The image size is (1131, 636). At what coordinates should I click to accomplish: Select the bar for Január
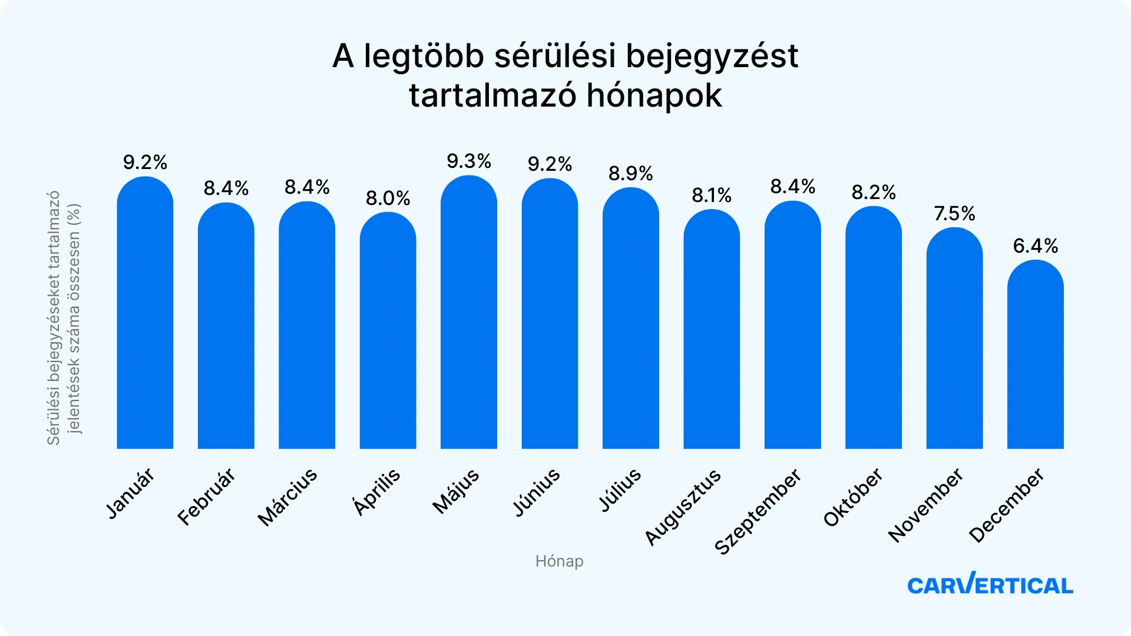145,313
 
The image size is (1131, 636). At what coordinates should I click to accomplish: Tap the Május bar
468,312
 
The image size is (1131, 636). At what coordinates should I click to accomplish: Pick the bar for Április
388,330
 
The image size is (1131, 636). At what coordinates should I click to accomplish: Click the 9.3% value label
468,161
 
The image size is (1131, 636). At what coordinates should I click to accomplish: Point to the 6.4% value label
1035,246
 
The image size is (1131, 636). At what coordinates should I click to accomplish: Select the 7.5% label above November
954,213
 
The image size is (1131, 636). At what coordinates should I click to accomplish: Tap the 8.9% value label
630,174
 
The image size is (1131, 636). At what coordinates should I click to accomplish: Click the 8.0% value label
388,198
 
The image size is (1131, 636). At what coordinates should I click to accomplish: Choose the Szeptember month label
758,511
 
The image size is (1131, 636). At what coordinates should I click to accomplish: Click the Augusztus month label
683,507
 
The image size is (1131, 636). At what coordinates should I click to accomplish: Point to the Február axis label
206,496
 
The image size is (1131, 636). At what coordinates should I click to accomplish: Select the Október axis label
853,497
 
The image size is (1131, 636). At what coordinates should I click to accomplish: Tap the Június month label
536,492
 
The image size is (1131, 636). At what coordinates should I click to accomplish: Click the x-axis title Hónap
559,561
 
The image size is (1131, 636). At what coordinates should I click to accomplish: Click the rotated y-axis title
64,318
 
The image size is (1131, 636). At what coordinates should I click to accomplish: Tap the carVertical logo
990,584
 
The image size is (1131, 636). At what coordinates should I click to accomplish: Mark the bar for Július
630,318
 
